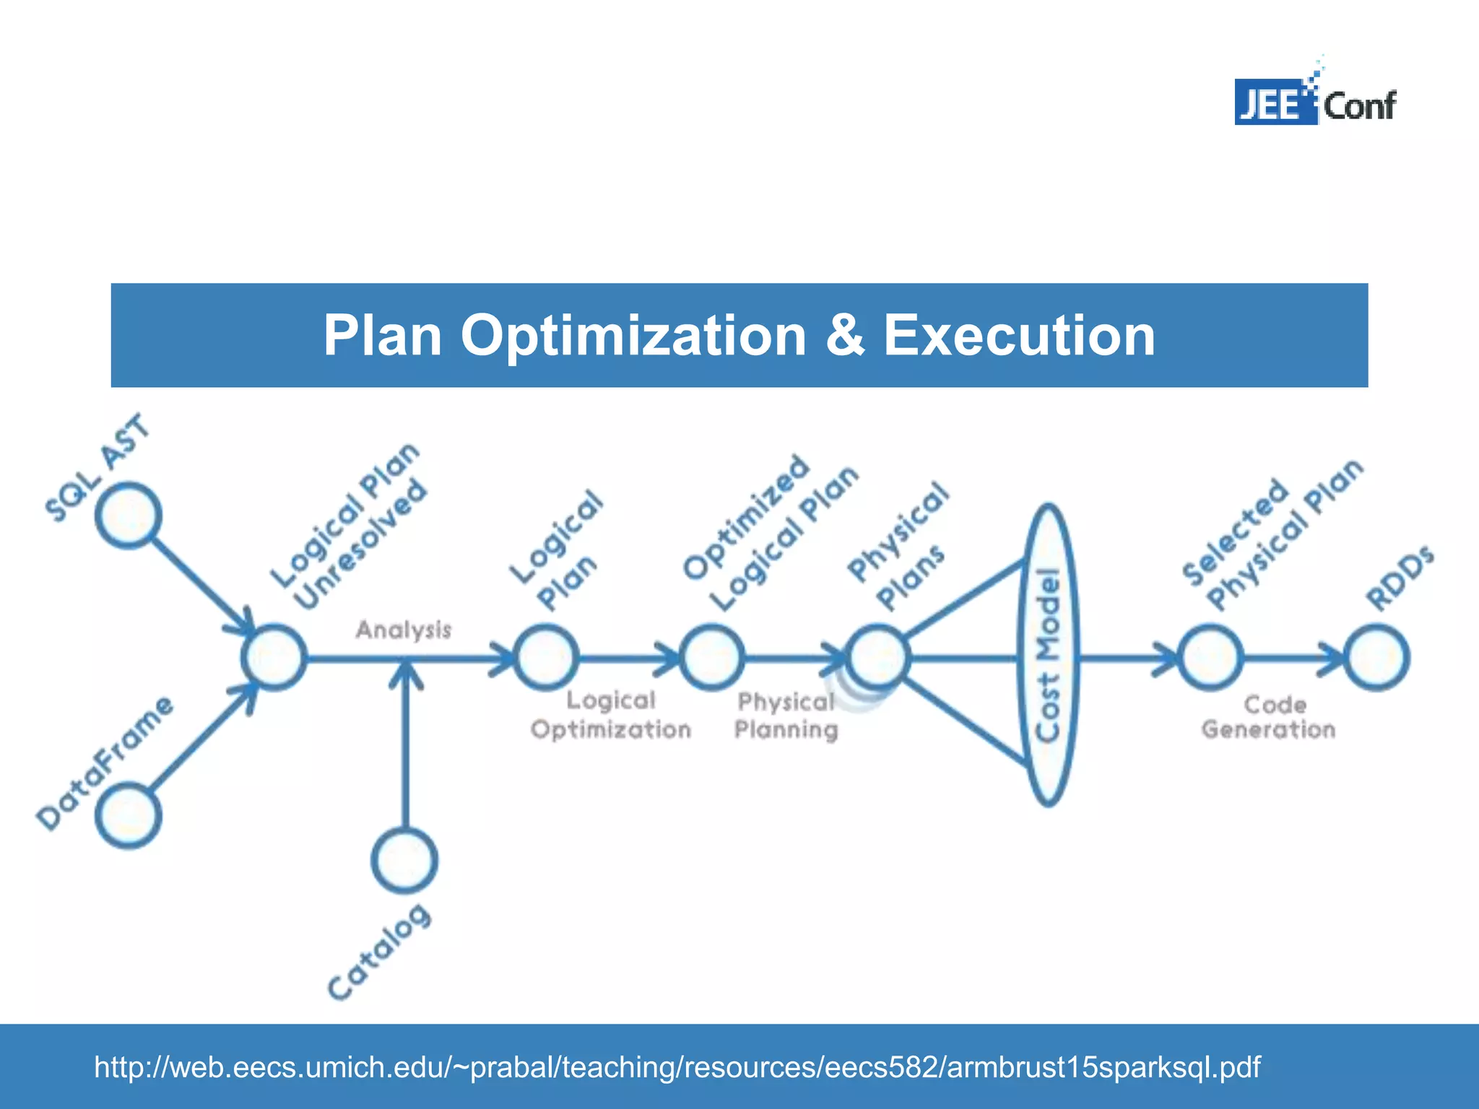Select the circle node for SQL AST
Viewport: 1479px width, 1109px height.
(x=129, y=516)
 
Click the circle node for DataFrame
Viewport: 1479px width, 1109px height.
(x=129, y=815)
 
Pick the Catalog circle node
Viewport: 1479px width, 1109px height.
(x=404, y=860)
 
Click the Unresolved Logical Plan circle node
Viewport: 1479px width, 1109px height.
(x=274, y=658)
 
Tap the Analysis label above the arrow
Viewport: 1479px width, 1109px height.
(x=403, y=630)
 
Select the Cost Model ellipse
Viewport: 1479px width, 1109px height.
(x=1048, y=655)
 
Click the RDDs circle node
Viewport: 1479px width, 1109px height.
(x=1376, y=658)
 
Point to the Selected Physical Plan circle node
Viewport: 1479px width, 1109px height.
(x=1210, y=658)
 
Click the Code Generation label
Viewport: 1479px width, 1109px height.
(x=1269, y=717)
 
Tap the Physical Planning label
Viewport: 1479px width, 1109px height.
(x=786, y=716)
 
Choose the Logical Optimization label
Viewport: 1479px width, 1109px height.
(x=611, y=715)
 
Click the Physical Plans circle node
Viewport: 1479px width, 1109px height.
(x=877, y=658)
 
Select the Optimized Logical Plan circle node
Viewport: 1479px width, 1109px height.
(x=711, y=658)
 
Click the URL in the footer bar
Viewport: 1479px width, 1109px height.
(x=677, y=1066)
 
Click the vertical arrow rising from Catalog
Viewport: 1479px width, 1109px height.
(x=405, y=751)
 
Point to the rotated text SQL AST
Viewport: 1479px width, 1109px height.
(x=97, y=468)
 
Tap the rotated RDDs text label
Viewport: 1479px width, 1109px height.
(x=1400, y=578)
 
